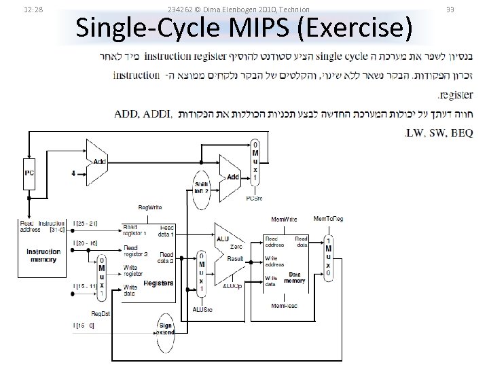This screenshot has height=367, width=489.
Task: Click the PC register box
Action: (x=29, y=173)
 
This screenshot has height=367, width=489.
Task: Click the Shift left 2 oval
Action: (x=202, y=187)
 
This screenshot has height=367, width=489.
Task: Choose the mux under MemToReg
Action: (x=329, y=257)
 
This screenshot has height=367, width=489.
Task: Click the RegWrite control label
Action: (x=149, y=207)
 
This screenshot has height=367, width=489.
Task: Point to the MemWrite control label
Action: (x=283, y=220)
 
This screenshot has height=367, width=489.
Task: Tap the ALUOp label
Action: (x=232, y=286)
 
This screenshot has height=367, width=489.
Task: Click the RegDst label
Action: (x=101, y=313)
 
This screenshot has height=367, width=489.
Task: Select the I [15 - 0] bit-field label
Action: (x=84, y=326)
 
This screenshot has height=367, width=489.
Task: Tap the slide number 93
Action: (x=469, y=9)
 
